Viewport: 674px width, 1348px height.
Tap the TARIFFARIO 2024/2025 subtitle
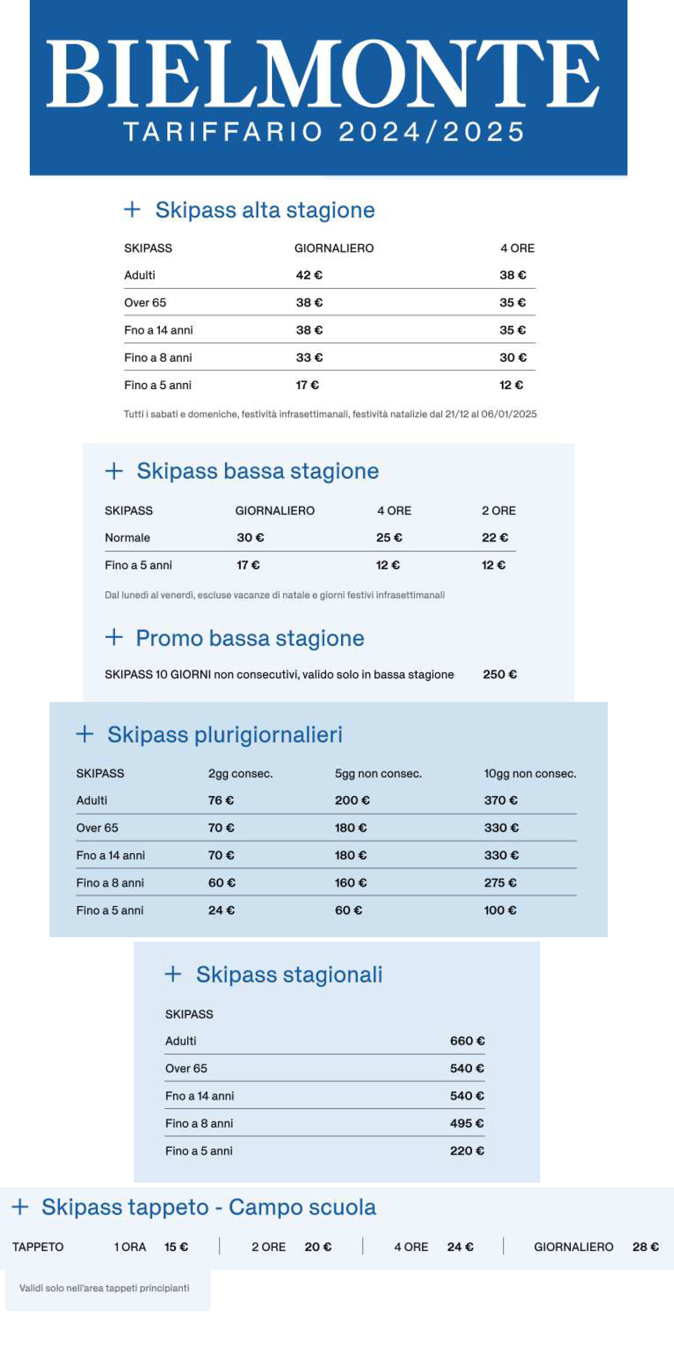coord(324,131)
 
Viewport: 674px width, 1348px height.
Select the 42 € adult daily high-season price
coord(309,275)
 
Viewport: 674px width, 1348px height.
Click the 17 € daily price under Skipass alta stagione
coord(307,385)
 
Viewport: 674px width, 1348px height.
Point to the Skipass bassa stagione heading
coord(258,471)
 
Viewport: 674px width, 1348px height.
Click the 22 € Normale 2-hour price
coord(495,537)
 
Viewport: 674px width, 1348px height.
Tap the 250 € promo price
coord(500,675)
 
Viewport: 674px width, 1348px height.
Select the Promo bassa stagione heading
coord(249,638)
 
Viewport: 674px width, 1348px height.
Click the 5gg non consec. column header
coord(378,774)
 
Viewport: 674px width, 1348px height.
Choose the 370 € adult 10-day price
coord(501,800)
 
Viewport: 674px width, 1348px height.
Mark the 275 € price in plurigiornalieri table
coord(500,883)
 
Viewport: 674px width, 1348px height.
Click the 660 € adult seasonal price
coord(467,1041)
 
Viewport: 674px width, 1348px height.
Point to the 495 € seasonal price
coord(466,1123)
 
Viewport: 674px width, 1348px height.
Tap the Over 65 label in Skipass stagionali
coord(186,1068)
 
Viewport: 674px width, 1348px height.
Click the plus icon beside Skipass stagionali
coord(173,974)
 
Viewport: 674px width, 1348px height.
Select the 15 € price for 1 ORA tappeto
coord(176,1247)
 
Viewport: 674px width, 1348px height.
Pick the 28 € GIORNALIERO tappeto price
coord(645,1247)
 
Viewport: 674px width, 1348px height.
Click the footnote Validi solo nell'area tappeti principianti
coord(104,1288)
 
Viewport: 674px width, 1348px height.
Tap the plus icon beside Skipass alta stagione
coord(132,209)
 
